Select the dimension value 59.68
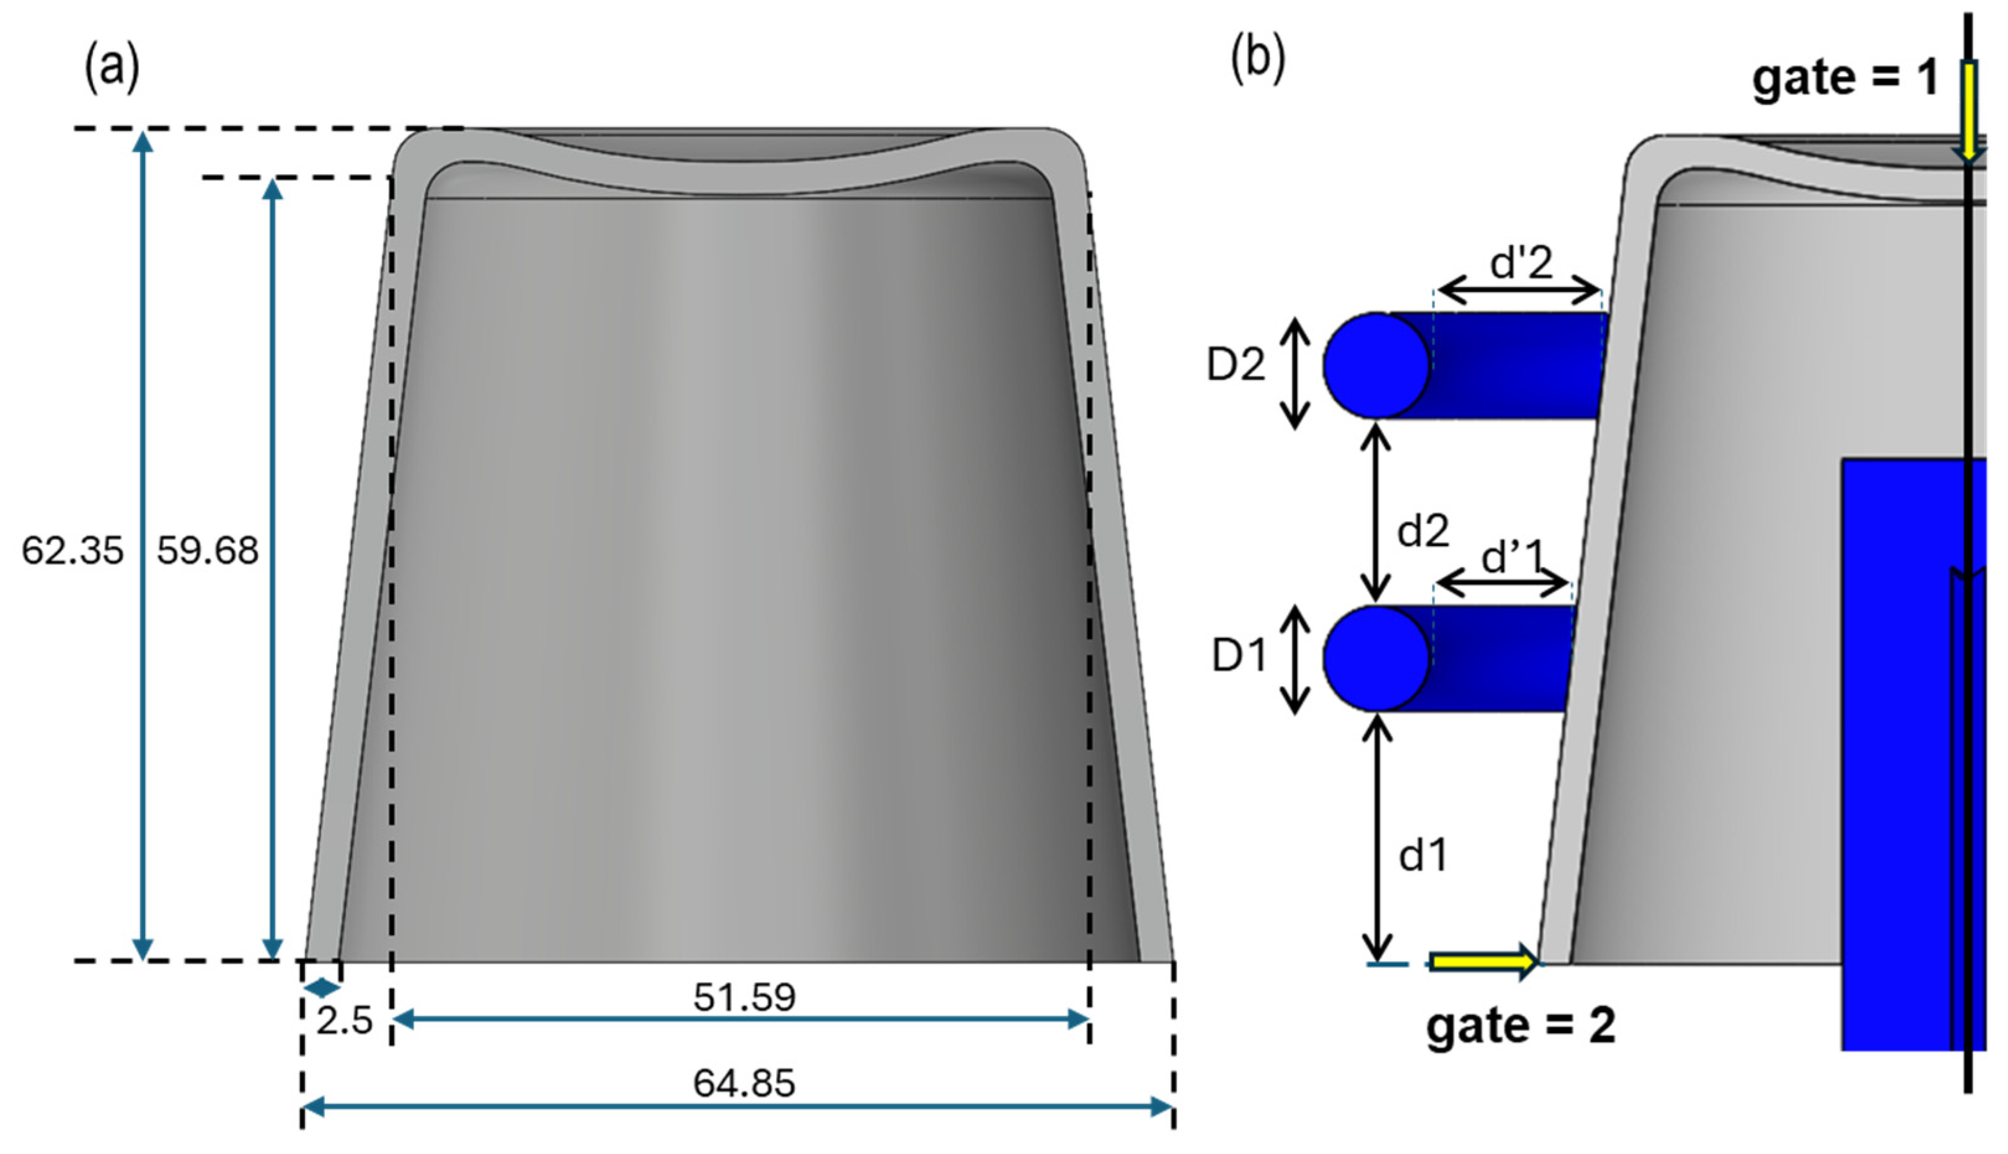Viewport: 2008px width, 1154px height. [x=208, y=551]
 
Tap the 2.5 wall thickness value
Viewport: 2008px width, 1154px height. [x=344, y=1021]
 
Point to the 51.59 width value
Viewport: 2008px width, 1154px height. [x=743, y=997]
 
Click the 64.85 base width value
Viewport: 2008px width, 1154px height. [x=743, y=1083]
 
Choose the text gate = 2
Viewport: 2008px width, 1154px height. [x=1521, y=1026]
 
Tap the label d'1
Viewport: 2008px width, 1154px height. [x=1513, y=557]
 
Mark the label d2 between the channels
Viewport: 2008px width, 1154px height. [x=1423, y=531]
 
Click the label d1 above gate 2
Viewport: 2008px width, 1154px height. [x=1423, y=855]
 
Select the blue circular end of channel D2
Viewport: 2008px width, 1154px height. [x=1376, y=366]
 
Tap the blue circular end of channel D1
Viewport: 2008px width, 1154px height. [x=1376, y=658]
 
